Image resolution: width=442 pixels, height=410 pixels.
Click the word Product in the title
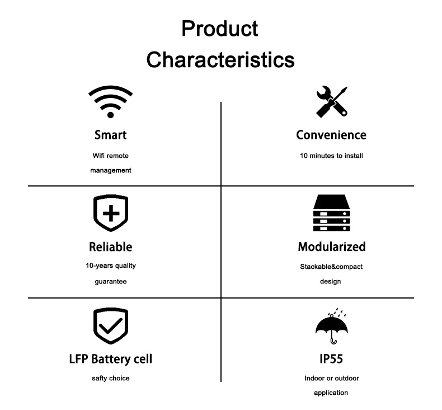[x=219, y=29]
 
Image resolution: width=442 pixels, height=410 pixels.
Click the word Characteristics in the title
[x=220, y=60]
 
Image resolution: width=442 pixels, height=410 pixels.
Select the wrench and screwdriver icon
[x=332, y=101]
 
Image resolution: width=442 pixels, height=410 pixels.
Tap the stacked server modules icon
[x=331, y=213]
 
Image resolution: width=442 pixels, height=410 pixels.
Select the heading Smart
[x=111, y=135]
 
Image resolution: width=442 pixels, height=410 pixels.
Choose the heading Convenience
[x=331, y=135]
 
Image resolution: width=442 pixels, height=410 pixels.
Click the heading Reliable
[x=111, y=247]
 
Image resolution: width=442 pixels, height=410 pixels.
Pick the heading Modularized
[x=332, y=247]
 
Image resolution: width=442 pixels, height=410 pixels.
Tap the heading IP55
[x=331, y=359]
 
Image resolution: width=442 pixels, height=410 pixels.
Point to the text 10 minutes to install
[x=331, y=156]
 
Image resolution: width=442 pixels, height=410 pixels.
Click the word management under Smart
[x=111, y=170]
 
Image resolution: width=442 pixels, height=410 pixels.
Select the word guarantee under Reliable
[x=111, y=282]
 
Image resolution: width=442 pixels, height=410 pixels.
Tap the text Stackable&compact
[x=331, y=267]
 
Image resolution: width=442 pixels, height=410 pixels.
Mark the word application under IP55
[x=331, y=393]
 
